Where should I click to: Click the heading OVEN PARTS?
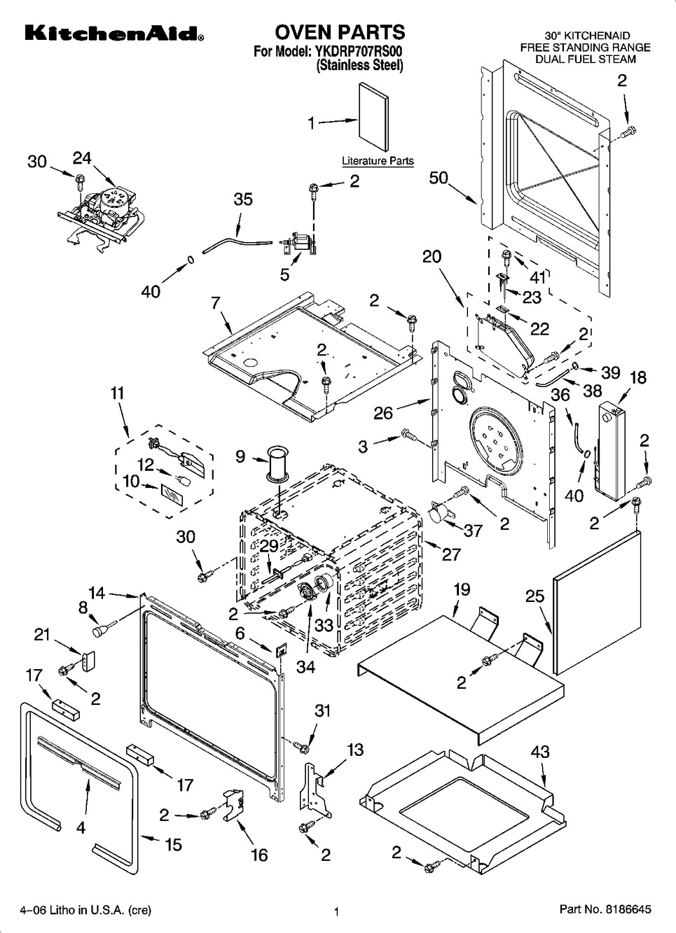339,32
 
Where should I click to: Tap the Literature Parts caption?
378,161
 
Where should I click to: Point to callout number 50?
439,178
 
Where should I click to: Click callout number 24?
82,159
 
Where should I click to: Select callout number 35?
242,199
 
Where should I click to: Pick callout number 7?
216,302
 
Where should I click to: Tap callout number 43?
540,752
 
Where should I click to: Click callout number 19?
461,589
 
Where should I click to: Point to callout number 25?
534,596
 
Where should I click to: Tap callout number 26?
383,413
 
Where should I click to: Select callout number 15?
174,845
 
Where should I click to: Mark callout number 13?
355,750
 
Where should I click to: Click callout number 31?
322,710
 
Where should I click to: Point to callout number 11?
117,393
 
